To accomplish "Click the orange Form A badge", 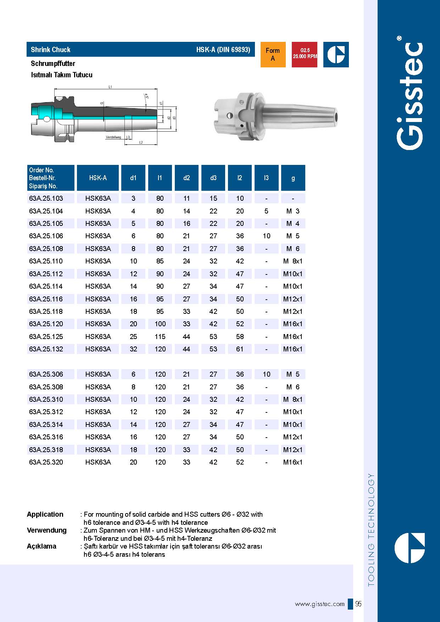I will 273,55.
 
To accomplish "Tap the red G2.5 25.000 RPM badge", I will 305,55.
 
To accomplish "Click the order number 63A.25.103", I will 46,198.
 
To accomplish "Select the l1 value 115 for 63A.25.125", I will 160,337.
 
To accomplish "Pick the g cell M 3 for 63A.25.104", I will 293,211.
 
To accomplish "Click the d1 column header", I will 133,178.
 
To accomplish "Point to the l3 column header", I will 266,178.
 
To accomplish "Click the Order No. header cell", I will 51,178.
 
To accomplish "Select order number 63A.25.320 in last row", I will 46,462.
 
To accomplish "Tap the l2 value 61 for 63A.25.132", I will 240,349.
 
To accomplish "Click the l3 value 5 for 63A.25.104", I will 266,211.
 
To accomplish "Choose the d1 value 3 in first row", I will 133,198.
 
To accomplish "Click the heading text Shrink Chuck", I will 51,50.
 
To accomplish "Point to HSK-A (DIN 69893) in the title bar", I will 223,50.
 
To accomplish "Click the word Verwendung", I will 47,530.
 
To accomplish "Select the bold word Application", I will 45,514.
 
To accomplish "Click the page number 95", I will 358,604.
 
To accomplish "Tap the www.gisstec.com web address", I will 319,604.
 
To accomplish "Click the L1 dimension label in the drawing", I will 110,87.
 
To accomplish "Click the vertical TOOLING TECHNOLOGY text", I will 371,530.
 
